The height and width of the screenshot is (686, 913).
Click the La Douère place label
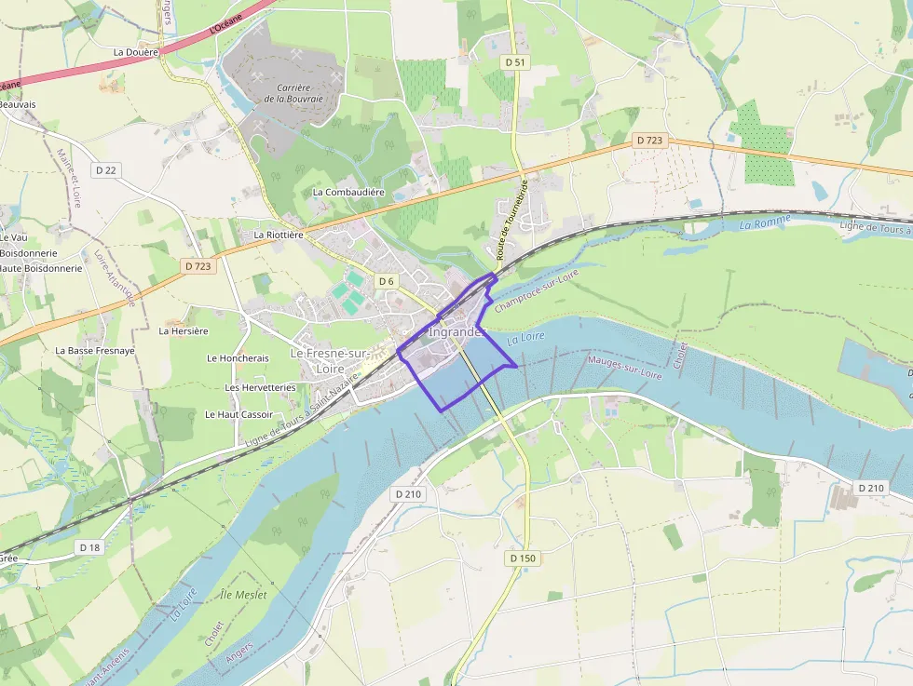pos(135,53)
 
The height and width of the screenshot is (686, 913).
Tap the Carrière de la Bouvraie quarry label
pos(293,93)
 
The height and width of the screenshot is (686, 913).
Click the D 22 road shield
pos(106,170)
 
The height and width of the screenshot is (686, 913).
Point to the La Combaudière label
pos(348,193)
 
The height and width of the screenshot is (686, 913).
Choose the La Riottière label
pos(279,235)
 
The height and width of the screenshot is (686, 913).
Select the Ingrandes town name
pos(457,331)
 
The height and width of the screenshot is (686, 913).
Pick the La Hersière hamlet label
pos(184,330)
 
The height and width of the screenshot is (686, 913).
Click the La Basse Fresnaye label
pos(95,351)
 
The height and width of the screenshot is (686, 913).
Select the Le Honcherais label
pos(238,358)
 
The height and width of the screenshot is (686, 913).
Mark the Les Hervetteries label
pos(260,387)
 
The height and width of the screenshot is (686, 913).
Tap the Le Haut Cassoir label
pos(238,414)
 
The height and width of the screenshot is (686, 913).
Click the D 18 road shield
pos(89,547)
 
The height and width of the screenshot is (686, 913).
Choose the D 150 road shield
pos(525,558)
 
